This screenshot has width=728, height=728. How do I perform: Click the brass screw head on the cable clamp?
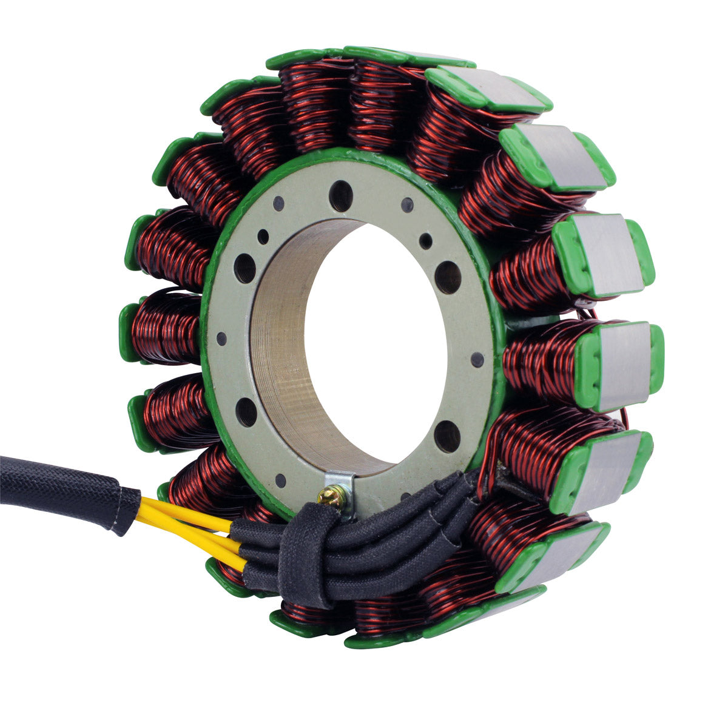click(333, 497)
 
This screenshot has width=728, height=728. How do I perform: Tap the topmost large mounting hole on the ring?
click(340, 195)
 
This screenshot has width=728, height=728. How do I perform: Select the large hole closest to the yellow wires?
click(246, 413)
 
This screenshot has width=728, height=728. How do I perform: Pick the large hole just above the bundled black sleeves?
click(447, 436)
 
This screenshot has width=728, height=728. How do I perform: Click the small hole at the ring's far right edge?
click(477, 359)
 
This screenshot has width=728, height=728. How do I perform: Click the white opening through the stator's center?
click(376, 340)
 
